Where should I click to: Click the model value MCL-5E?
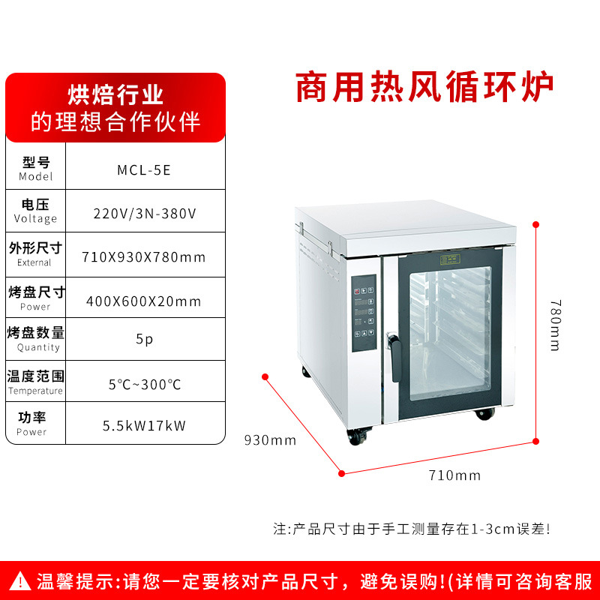coord(144,170)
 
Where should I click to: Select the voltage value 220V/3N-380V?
coord(145,214)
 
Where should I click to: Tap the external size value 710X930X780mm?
coord(144,257)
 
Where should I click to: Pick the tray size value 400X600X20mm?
coord(144,301)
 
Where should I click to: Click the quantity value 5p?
coord(144,339)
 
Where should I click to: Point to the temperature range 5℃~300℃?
coord(145,384)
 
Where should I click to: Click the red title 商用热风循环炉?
coord(424,87)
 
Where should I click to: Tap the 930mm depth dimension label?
coord(270,440)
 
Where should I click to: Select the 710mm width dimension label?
coord(454,475)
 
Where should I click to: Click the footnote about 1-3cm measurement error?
coord(412,529)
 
